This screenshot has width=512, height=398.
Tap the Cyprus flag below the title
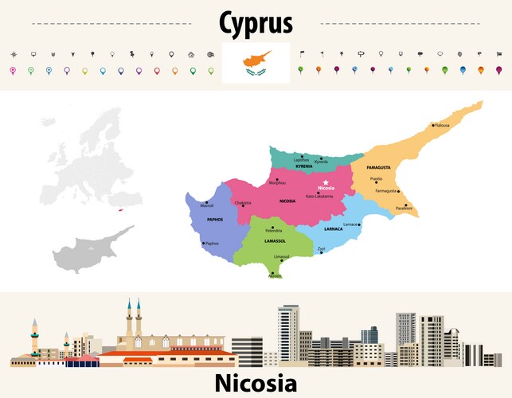point(256,64)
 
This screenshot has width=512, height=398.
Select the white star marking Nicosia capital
point(326,182)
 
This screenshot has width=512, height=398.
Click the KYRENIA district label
point(304,166)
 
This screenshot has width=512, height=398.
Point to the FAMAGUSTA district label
point(377,169)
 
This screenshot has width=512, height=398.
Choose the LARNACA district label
point(334,228)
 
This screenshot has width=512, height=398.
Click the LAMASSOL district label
point(275,240)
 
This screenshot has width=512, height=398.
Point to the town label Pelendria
point(274,230)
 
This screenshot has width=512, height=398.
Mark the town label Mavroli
point(206,205)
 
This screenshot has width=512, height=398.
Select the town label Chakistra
point(244,202)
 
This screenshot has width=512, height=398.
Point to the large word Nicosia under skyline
point(256,384)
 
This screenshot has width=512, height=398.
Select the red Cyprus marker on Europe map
point(118,211)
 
